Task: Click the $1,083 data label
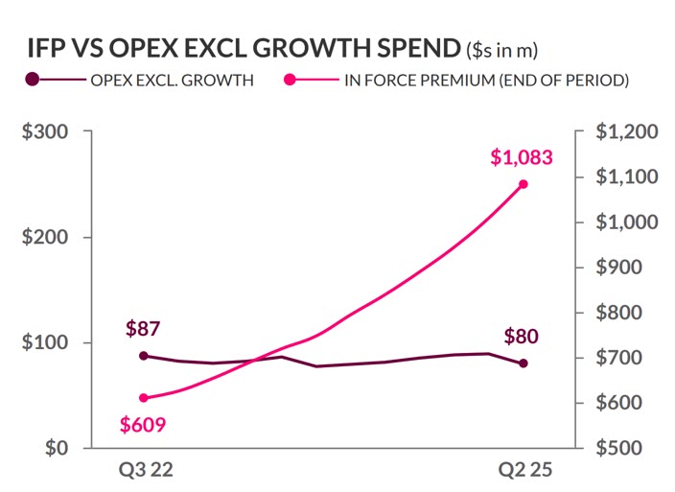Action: click(522, 158)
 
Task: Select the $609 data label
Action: click(144, 424)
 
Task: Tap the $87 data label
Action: click(144, 330)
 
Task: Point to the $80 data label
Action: click(522, 337)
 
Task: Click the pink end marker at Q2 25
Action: click(524, 184)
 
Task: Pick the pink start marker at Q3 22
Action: click(144, 398)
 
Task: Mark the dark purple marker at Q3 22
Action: click(144, 356)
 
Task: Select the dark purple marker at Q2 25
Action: click(524, 363)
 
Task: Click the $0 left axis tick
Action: click(57, 448)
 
